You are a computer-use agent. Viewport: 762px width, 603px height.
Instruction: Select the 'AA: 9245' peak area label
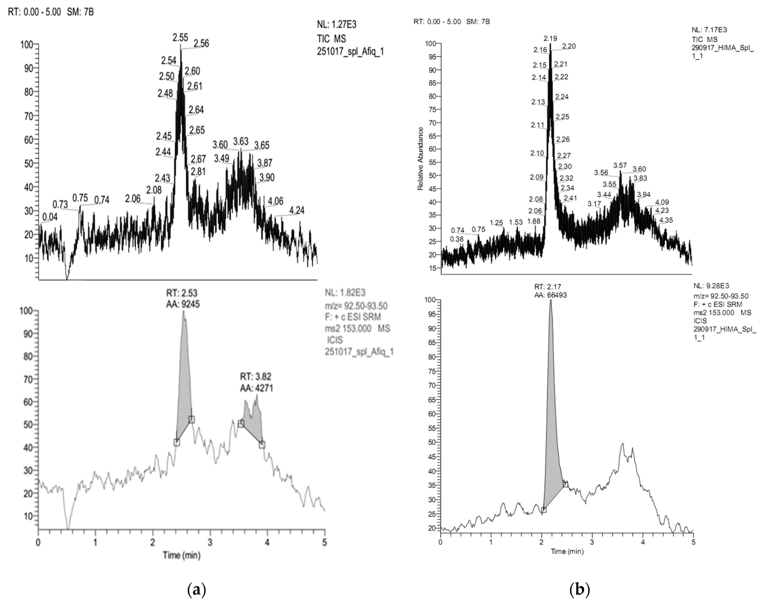pyautogui.click(x=183, y=304)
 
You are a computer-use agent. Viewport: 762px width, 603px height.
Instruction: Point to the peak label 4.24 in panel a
pyautogui.click(x=297, y=210)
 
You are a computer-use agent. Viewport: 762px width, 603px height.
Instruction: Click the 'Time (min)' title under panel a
pyautogui.click(x=182, y=555)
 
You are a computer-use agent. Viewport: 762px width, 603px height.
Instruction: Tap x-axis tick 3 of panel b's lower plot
pyautogui.click(x=592, y=542)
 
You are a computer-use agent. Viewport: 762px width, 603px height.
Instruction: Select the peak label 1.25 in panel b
pyautogui.click(x=496, y=223)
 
